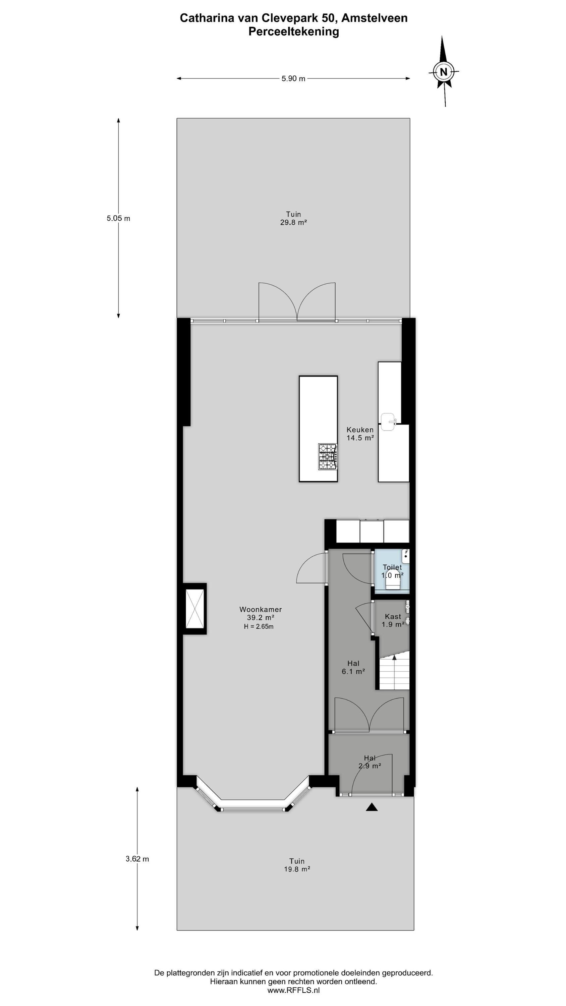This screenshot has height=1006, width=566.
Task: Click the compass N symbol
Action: pos(443,72)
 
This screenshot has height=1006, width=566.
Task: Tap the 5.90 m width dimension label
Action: pos(293,78)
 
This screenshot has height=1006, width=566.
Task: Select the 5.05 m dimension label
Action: pos(118,218)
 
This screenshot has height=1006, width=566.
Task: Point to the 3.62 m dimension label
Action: pos(137,859)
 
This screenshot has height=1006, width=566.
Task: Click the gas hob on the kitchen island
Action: pos(328,456)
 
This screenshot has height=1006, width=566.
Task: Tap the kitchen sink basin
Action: pos(389,422)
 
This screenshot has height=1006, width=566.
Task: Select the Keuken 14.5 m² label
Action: pos(360,434)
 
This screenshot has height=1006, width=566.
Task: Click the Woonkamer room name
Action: pos(261,609)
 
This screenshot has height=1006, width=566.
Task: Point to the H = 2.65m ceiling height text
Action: pos(259,626)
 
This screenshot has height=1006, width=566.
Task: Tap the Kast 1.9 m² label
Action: pos(393,620)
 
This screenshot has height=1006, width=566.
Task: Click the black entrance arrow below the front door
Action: pos(372,807)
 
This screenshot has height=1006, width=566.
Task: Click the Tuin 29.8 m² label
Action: pos(293,218)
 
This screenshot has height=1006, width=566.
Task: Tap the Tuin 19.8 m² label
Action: pos(297,865)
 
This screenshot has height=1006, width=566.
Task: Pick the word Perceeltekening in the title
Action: pos(293,32)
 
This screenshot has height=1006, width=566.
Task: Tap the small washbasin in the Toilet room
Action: pos(406,556)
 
